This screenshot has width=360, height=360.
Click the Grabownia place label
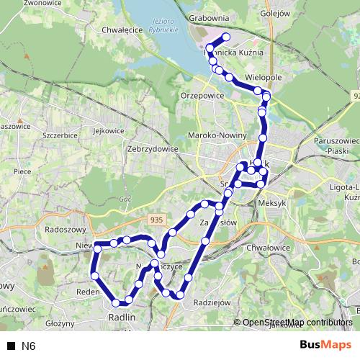[209, 17]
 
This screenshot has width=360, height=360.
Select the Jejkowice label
[109, 130]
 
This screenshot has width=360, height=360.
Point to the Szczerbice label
[60, 135]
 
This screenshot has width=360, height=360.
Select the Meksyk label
[270, 204]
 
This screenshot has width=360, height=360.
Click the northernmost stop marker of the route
[226, 37]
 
